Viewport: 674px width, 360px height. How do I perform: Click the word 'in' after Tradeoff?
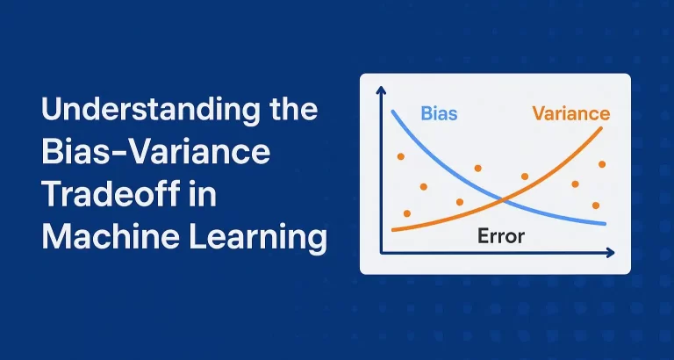pos(203,194)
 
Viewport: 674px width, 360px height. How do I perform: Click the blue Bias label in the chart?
pos(439,113)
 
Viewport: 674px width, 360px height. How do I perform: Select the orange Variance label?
pos(570,113)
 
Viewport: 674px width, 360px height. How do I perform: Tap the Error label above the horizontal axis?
pos(501,235)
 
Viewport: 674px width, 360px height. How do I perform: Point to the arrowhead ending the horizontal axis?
pos(611,254)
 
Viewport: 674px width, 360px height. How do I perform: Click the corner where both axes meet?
pos(381,254)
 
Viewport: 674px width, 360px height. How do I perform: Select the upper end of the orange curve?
pos(602,127)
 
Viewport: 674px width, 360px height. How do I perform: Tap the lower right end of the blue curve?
pos(606,224)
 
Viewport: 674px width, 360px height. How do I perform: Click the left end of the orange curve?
pos(392,231)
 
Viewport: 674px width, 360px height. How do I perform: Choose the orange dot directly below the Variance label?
pos(601,164)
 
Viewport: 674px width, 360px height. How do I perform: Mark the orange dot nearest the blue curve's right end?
pos(596,205)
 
